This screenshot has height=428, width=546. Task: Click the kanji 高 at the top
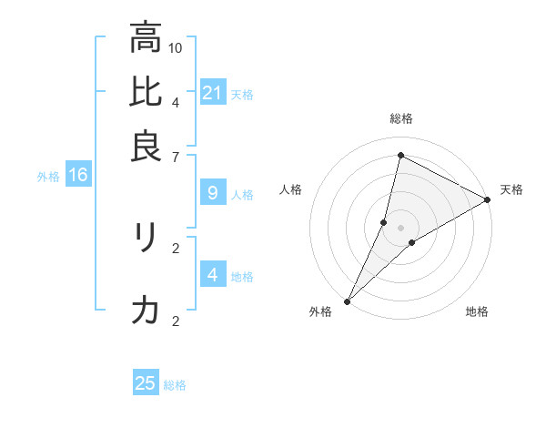click(146, 38)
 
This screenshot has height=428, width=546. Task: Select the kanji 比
click(146, 92)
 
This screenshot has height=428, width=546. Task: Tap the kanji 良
click(146, 146)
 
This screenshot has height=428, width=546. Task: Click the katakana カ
click(146, 311)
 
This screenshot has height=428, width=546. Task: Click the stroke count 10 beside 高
click(176, 47)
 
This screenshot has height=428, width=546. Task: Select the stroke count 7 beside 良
click(176, 157)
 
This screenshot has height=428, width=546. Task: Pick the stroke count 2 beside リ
click(176, 247)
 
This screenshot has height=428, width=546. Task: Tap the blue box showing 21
click(212, 92)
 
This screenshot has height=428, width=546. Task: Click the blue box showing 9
click(212, 192)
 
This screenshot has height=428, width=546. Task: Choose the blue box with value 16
click(77, 175)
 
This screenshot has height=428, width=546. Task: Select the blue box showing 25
click(146, 383)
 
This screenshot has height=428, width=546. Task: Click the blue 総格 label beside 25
click(175, 385)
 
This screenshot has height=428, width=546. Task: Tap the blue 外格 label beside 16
click(48, 177)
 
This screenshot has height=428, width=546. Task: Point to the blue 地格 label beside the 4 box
click(242, 276)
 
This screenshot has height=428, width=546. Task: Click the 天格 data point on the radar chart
click(488, 200)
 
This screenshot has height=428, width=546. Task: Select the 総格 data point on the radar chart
click(400, 155)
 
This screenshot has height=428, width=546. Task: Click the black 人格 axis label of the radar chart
click(291, 189)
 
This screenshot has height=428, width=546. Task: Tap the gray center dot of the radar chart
click(400, 228)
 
